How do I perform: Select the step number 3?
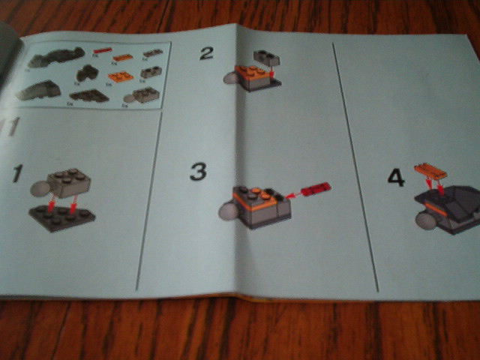197,172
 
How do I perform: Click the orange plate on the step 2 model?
252,73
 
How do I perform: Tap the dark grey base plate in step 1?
62,217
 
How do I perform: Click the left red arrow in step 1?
50,204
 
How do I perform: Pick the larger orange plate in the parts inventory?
120,76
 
